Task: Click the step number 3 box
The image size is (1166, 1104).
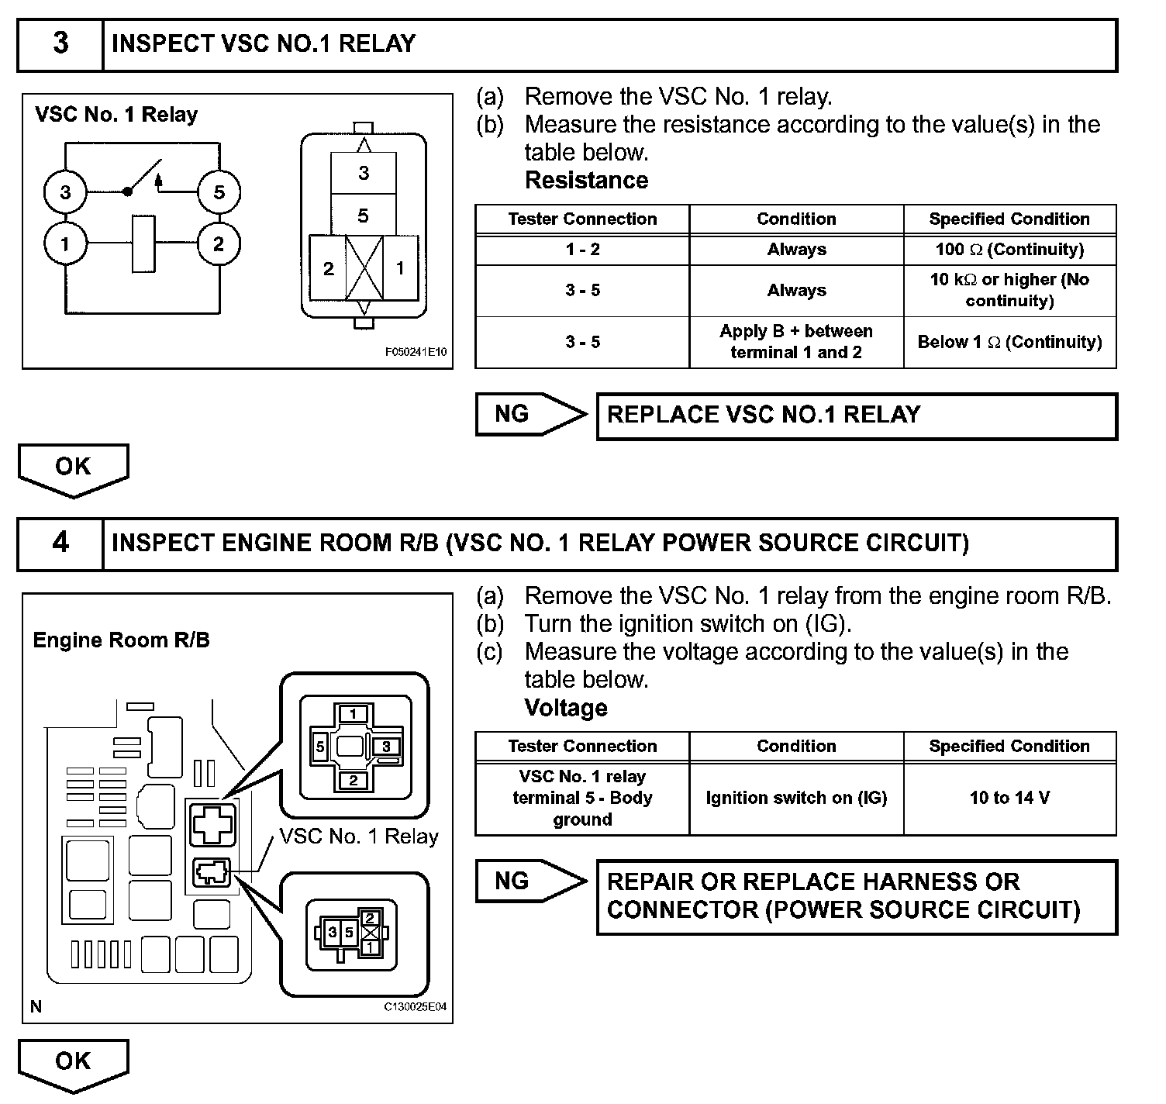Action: [x=60, y=44]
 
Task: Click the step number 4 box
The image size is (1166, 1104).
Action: [x=60, y=543]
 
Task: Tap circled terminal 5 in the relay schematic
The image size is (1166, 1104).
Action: [x=219, y=191]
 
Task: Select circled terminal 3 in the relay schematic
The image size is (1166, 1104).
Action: [x=65, y=191]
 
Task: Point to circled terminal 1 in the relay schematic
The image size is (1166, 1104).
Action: [x=65, y=245]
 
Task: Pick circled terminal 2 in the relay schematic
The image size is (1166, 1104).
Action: [x=219, y=245]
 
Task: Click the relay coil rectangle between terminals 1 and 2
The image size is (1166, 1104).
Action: [x=143, y=245]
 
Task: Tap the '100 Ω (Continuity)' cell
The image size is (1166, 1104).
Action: [x=1009, y=250]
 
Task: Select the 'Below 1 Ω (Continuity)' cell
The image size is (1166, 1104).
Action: [x=1009, y=342]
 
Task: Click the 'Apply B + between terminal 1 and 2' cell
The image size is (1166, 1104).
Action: [x=796, y=342]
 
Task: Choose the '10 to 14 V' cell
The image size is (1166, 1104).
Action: [x=1009, y=798]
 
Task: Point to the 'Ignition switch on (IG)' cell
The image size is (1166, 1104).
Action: [x=796, y=798]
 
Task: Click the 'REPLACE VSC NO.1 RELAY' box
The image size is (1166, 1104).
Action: [x=857, y=416]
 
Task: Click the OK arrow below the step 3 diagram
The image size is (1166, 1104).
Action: [x=73, y=468]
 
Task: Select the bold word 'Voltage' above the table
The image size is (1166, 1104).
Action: [x=566, y=708]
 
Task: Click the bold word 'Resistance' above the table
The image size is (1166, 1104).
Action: [x=586, y=181]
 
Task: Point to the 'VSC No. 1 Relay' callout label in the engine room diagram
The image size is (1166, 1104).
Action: [x=358, y=837]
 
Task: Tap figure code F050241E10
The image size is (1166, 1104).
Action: [x=416, y=352]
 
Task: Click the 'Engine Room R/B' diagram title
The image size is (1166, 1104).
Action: [x=121, y=640]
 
